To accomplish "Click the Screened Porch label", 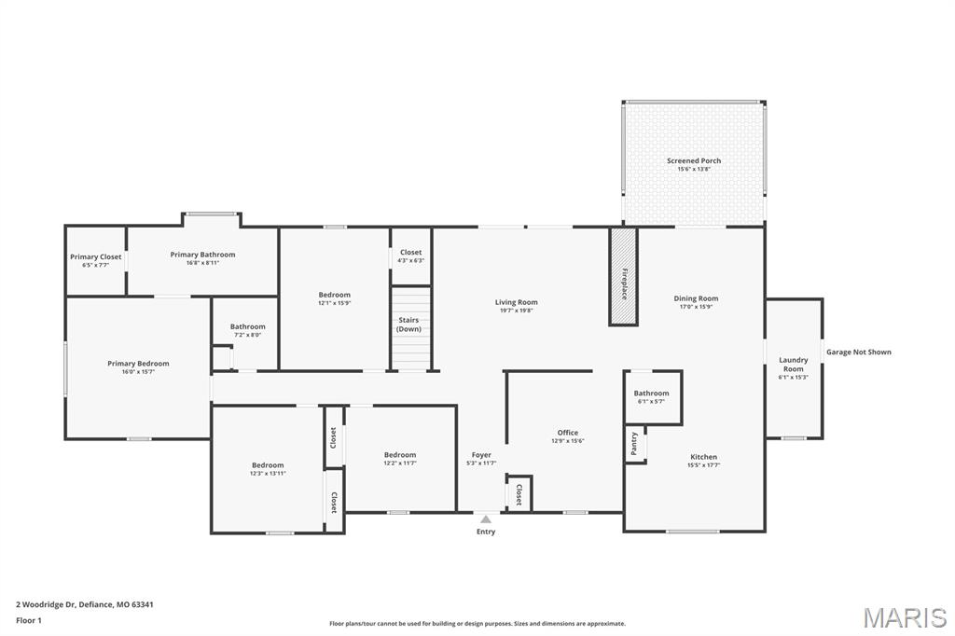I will [x=694, y=160].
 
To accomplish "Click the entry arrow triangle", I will [x=486, y=518].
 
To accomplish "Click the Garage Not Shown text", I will [x=858, y=352].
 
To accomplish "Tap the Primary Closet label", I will [x=95, y=256].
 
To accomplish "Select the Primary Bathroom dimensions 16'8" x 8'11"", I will [x=202, y=263].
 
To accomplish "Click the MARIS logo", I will [x=905, y=617].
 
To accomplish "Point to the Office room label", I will [x=567, y=433].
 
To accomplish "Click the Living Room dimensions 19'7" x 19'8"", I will [x=516, y=311].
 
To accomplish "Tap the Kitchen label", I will [x=702, y=457].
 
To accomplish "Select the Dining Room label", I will [x=696, y=298].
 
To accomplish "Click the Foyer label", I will [x=481, y=455].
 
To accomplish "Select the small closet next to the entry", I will [x=519, y=494].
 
